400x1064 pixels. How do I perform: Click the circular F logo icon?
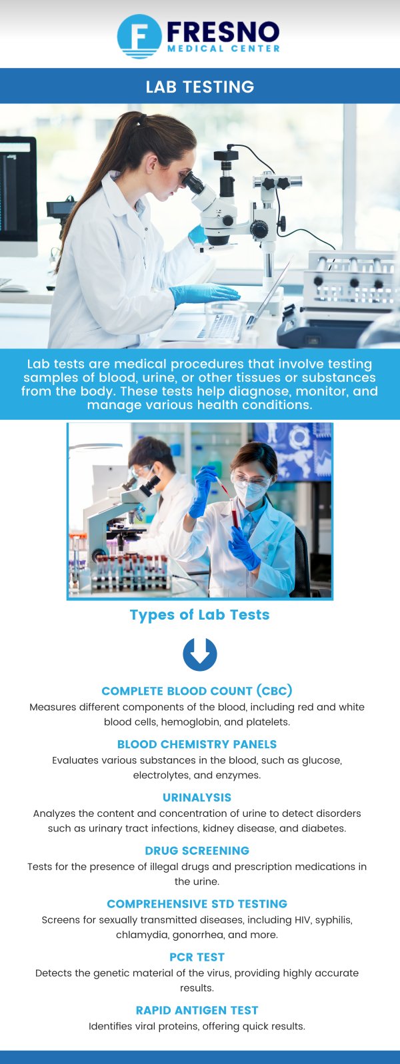pyautogui.click(x=139, y=36)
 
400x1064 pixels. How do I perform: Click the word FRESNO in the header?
pyautogui.click(x=223, y=31)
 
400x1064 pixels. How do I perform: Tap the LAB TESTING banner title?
pyautogui.click(x=200, y=87)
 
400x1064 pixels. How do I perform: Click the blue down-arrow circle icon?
pyautogui.click(x=200, y=654)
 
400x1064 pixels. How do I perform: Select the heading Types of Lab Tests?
pyautogui.click(x=200, y=615)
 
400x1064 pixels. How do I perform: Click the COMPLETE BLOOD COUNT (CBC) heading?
pyautogui.click(x=197, y=691)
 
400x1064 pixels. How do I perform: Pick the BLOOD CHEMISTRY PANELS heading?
pyautogui.click(x=197, y=744)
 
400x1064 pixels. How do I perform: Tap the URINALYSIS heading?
pyautogui.click(x=197, y=798)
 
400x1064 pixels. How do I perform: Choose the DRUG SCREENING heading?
pyautogui.click(x=197, y=851)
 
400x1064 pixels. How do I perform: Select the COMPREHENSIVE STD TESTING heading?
pyautogui.click(x=197, y=904)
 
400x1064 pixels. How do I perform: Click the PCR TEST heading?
pyautogui.click(x=197, y=957)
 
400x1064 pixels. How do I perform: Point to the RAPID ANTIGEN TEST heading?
pyautogui.click(x=197, y=1011)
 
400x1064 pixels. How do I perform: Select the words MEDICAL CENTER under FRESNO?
pyautogui.click(x=223, y=49)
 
